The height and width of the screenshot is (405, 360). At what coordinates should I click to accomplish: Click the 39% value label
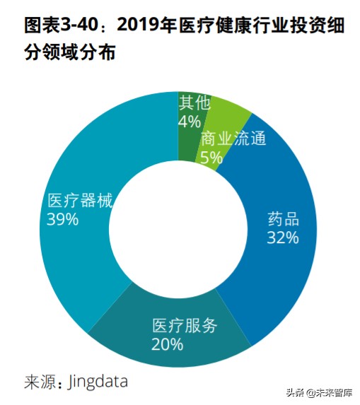[x=62, y=220]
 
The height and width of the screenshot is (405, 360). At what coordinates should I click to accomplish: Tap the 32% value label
[x=283, y=237]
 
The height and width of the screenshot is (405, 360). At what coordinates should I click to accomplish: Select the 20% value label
[x=168, y=345]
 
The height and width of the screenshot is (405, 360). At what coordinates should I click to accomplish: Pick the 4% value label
[x=189, y=122]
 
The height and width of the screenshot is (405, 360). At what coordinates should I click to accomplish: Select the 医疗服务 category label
[x=185, y=327]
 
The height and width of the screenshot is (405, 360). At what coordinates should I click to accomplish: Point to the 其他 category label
[x=194, y=103]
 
